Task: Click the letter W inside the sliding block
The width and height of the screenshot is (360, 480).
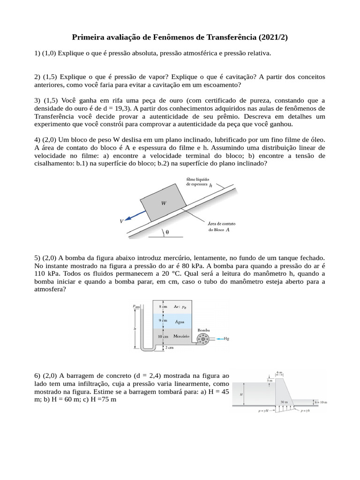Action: tap(164, 203)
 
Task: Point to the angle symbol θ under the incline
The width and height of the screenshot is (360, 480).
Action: tap(167, 232)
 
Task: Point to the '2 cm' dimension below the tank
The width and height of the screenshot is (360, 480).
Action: tap(169, 348)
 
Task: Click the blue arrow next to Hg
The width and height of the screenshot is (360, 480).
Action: tap(217, 338)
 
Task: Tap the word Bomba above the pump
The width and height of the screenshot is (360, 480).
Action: tap(203, 330)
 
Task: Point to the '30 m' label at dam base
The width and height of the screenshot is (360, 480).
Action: tap(284, 402)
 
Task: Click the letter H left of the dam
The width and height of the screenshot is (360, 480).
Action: tap(241, 394)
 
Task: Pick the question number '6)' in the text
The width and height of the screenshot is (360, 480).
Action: tap(37, 375)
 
